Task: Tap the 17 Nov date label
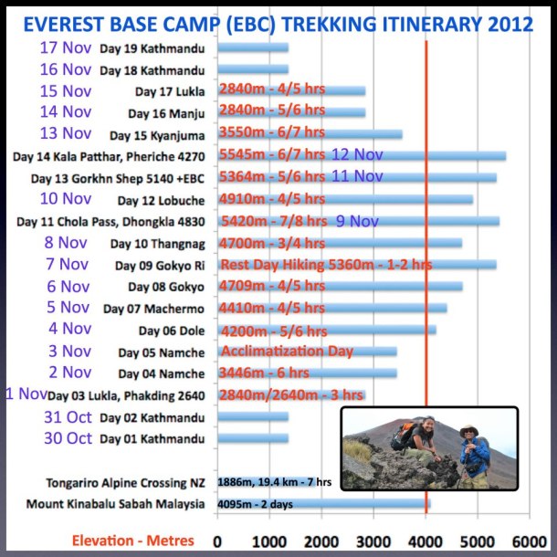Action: point(66,47)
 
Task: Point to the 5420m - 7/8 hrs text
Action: point(273,221)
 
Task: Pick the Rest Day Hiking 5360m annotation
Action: point(326,265)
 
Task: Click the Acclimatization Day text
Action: point(286,352)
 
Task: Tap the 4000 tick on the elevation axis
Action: point(426,540)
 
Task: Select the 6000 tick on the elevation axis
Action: point(529,540)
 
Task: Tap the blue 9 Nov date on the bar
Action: point(357,221)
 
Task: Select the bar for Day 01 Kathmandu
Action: point(254,438)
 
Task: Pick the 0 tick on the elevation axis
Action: point(217,540)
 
